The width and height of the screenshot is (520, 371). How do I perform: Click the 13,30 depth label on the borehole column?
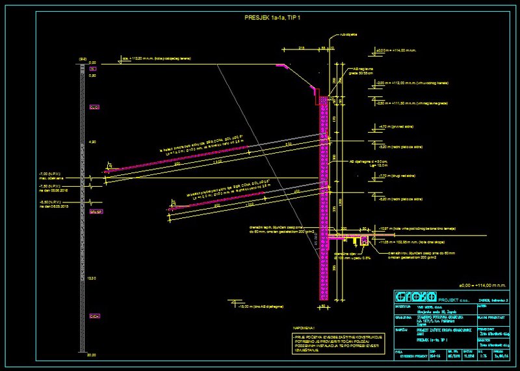pos(92,277)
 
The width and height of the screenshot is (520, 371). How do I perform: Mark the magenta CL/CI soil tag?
pos(94,106)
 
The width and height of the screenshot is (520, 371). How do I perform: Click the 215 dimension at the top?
pos(302,48)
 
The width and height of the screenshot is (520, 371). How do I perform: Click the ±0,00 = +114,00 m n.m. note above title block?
pos(481,285)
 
